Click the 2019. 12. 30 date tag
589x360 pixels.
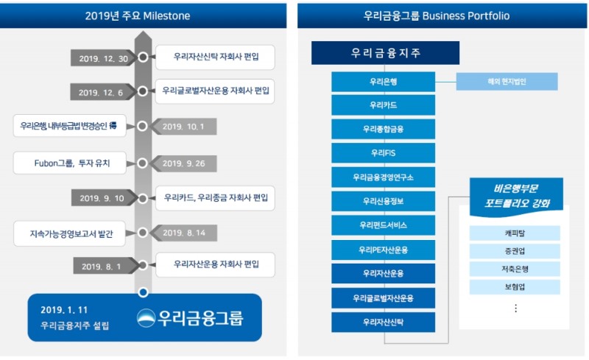[102, 58]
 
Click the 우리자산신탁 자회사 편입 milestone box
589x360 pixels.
[214, 56]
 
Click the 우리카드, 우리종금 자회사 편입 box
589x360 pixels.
[215, 198]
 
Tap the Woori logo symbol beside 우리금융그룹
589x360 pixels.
[147, 318]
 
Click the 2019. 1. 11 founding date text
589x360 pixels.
[64, 310]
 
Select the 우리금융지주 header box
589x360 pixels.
[385, 53]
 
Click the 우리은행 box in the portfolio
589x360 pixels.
[383, 81]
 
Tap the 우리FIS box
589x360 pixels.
[383, 153]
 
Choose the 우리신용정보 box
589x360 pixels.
[383, 201]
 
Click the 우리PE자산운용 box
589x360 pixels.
[383, 250]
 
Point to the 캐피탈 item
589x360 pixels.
[515, 233]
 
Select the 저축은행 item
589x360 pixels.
[515, 269]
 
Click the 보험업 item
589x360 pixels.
[515, 286]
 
